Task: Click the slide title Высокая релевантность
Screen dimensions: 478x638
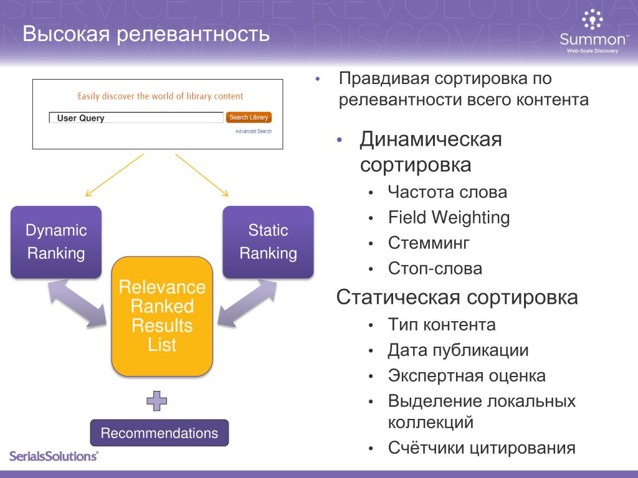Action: pyautogui.click(x=146, y=34)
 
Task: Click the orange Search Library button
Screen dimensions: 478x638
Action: pyautogui.click(x=249, y=118)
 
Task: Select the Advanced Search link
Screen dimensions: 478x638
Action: pyautogui.click(x=253, y=131)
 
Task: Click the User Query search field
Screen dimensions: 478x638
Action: pyautogui.click(x=136, y=118)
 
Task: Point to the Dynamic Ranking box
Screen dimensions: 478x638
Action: pyautogui.click(x=55, y=241)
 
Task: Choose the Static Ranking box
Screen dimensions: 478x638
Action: pyautogui.click(x=268, y=241)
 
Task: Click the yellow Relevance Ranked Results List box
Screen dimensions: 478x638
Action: pyautogui.click(x=162, y=316)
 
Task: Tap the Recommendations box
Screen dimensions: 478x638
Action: pyautogui.click(x=159, y=433)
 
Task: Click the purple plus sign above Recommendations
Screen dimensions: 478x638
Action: pyautogui.click(x=157, y=401)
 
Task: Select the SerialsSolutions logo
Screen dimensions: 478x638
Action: pyautogui.click(x=54, y=456)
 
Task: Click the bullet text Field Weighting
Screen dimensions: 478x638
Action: pyautogui.click(x=449, y=218)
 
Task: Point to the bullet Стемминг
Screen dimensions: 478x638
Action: pyautogui.click(x=429, y=243)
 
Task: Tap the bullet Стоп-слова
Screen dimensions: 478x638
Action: pyautogui.click(x=435, y=269)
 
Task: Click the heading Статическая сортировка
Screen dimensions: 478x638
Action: pyautogui.click(x=457, y=298)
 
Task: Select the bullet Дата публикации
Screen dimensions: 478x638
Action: pyautogui.click(x=458, y=350)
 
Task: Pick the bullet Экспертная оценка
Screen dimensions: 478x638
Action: pyautogui.click(x=467, y=376)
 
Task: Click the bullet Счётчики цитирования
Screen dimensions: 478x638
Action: pyautogui.click(x=481, y=448)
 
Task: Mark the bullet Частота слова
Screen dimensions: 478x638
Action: pyautogui.click(x=447, y=192)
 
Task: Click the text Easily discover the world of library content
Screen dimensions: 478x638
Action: pyautogui.click(x=160, y=96)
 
